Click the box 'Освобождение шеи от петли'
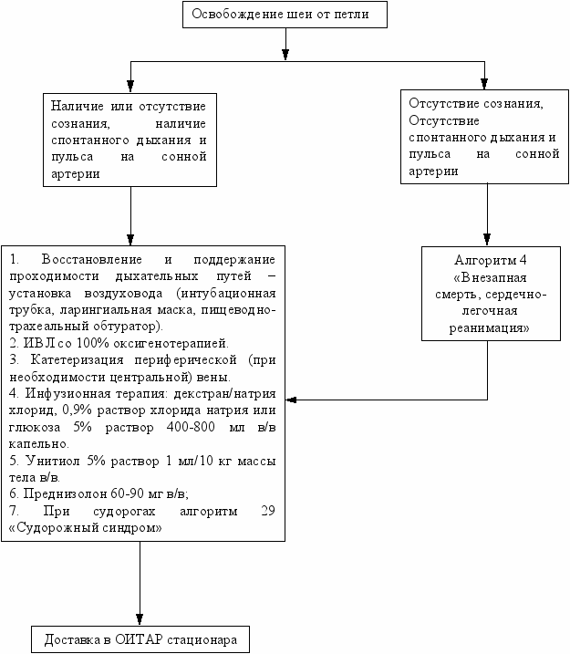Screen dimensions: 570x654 (x=285, y=15)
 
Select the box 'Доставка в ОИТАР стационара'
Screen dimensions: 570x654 (x=140, y=639)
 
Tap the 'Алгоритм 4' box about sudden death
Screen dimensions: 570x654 (x=491, y=294)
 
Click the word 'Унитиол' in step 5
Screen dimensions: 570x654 (x=53, y=461)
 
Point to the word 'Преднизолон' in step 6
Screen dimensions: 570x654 (x=65, y=493)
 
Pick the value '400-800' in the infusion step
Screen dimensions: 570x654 (x=191, y=427)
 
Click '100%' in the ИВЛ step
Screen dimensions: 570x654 (x=92, y=343)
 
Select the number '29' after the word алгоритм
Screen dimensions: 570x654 (x=268, y=511)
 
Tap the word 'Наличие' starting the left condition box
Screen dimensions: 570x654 (x=78, y=106)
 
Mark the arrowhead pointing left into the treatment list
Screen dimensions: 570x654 (x=291, y=400)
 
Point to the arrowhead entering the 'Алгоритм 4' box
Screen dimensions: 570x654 (x=487, y=239)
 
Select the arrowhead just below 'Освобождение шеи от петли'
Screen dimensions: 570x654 (x=285, y=55)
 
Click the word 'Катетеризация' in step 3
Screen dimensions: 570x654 (x=78, y=359)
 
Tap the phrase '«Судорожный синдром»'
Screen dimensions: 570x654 (x=85, y=527)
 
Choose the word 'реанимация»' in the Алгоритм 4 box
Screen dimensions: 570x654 (x=489, y=327)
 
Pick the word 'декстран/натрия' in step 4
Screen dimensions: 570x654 (x=224, y=393)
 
